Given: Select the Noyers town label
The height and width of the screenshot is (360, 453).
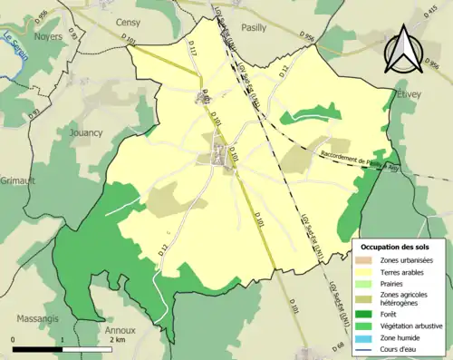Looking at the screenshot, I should [x=47, y=37].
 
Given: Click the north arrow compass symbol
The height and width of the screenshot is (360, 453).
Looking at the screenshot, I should [x=405, y=50].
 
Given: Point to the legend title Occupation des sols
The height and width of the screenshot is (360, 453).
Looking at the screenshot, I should [x=396, y=247].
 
